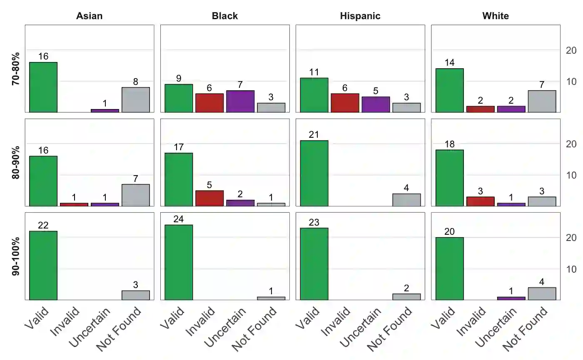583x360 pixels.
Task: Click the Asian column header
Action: [89, 16]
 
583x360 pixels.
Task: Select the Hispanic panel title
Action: [360, 16]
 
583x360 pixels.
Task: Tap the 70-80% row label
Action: [16, 69]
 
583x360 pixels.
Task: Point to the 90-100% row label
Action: [16, 256]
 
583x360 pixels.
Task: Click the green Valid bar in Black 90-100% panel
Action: [179, 262]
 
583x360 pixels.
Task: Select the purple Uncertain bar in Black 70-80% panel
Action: [240, 101]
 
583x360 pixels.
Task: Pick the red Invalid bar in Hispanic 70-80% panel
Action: [345, 103]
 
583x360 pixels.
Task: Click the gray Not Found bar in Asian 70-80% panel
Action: [136, 99]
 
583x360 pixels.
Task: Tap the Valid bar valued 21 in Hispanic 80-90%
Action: [314, 173]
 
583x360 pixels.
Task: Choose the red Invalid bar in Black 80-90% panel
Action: [209, 198]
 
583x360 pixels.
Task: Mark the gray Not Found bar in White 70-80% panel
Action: [542, 101]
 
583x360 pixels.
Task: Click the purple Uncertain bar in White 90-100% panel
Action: [511, 298]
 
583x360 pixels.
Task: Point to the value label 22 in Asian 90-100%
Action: [43, 226]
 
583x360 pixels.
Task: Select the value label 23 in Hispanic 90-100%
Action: [314, 222]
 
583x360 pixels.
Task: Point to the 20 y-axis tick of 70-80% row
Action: [571, 50]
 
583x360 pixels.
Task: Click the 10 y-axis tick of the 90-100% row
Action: [571, 269]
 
